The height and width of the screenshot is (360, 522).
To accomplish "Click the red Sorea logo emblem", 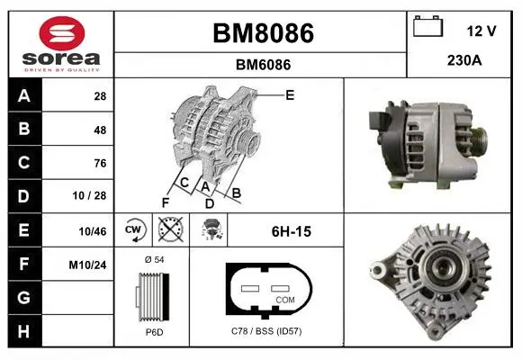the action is (62, 33).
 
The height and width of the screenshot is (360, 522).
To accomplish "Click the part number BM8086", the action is (263, 33).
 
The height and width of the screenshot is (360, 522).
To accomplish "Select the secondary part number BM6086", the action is (263, 65).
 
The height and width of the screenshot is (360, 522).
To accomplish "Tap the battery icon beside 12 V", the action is (427, 26).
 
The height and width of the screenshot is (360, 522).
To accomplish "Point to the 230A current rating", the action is (464, 60).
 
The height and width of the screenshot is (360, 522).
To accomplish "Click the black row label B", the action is (25, 129).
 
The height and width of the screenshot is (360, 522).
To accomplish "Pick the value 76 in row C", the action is (100, 163).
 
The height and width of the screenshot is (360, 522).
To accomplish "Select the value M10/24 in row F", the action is (87, 265).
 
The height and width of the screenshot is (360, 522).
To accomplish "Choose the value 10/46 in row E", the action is (93, 231).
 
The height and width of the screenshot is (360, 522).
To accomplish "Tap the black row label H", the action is (25, 331).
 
